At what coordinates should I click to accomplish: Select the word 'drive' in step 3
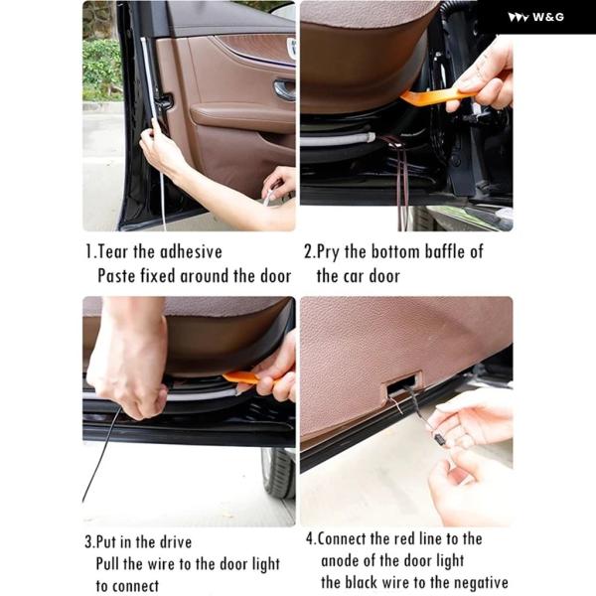(176, 541)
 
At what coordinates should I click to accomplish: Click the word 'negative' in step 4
(481, 583)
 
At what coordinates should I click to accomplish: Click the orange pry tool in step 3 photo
(247, 379)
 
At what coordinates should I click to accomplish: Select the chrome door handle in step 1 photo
(284, 89)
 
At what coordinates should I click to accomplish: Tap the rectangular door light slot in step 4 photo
(403, 385)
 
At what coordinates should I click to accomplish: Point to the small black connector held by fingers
(440, 440)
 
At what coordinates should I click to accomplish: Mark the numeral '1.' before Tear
(90, 252)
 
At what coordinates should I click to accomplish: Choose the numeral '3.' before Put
(89, 542)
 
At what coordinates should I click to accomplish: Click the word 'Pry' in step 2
(328, 253)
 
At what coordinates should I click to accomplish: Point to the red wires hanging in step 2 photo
(402, 179)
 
